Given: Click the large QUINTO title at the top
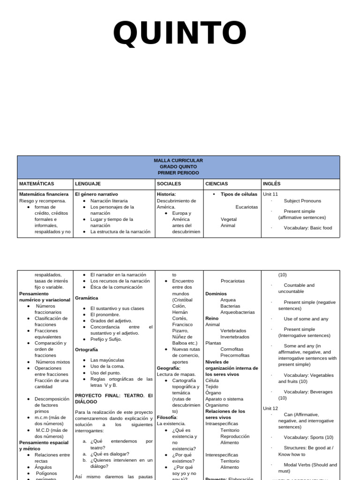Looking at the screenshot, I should click(180, 34).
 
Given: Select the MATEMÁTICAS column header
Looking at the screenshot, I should click(37, 184).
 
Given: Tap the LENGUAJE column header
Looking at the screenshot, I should click(88, 184).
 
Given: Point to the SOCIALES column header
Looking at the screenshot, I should click(169, 184).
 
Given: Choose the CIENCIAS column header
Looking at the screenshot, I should click(217, 184).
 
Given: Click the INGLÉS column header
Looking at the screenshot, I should click(272, 184).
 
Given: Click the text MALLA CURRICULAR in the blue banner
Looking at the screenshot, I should click(178, 160).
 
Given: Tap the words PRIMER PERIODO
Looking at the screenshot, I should click(178, 172).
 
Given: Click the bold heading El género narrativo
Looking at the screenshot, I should click(97, 194).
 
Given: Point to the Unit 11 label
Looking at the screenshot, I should click(270, 194).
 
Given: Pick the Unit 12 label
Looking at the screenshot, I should click(270, 408).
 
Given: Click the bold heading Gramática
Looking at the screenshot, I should click(87, 298).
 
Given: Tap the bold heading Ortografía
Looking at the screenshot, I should click(87, 349).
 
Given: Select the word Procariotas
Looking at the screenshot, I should click(232, 281).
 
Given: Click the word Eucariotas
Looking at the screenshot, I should click(247, 207).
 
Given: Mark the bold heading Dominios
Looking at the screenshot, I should click(216, 293).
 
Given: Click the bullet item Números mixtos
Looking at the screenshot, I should click(53, 362).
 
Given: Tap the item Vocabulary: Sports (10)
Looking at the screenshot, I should click(308, 437).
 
